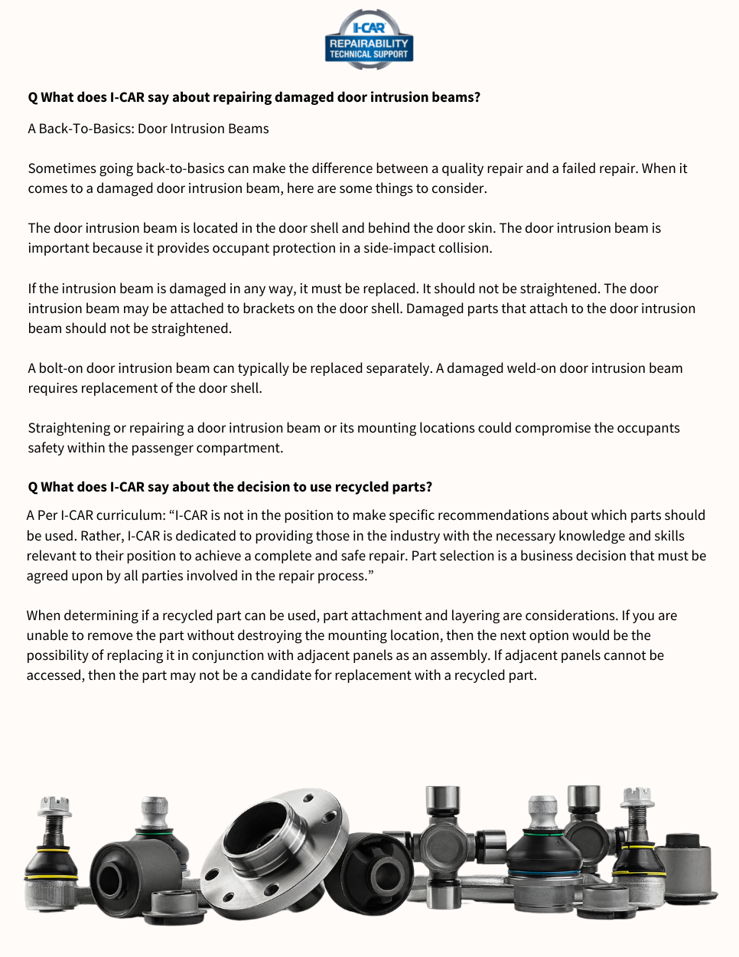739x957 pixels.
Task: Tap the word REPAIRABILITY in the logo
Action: tap(369, 44)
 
